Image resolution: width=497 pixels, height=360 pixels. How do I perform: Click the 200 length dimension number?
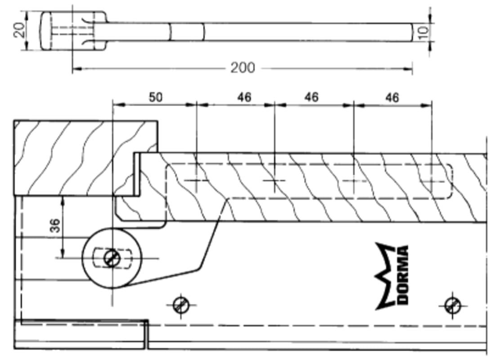[x=242, y=68]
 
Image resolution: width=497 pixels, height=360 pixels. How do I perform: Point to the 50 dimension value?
[x=155, y=97]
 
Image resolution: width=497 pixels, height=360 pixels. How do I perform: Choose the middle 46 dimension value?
[x=311, y=97]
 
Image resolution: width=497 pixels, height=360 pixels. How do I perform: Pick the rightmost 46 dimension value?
[x=392, y=97]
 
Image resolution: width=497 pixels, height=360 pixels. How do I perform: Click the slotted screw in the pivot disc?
[x=111, y=258]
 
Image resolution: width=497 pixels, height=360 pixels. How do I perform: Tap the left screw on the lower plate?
[x=181, y=305]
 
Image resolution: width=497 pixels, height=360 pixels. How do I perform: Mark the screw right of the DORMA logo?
[x=452, y=306]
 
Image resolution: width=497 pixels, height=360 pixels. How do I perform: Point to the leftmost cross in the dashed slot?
[x=197, y=180]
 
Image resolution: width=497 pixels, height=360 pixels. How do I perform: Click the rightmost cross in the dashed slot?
[x=432, y=181]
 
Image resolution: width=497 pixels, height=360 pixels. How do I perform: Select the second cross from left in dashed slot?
[x=275, y=180]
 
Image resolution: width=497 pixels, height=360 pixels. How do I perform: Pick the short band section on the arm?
[x=187, y=31]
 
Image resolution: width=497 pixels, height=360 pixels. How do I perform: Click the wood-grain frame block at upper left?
[x=85, y=157]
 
